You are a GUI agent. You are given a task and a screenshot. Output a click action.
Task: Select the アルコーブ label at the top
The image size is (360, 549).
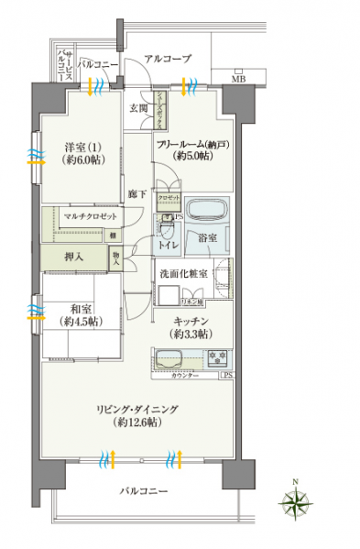(166, 59)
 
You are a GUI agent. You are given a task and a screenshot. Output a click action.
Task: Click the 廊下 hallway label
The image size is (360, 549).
(135, 193)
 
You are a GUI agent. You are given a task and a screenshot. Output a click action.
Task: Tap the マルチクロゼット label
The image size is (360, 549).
(91, 216)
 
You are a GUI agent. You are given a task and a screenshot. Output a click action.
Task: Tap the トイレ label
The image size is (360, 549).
(168, 246)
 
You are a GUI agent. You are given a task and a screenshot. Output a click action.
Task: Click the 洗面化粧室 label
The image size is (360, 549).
(187, 273)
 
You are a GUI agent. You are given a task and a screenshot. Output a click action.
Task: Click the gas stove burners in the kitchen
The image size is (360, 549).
(219, 357)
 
